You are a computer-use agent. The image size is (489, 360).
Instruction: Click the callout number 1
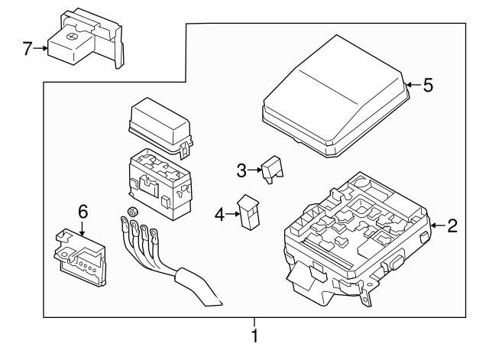(x=254, y=336)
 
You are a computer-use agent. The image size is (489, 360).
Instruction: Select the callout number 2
(x=452, y=225)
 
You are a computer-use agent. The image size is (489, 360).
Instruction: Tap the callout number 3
(x=241, y=170)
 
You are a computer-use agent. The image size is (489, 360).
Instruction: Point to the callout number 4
(x=219, y=215)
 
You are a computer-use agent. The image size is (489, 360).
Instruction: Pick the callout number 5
(x=428, y=85)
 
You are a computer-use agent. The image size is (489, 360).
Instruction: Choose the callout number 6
(x=83, y=212)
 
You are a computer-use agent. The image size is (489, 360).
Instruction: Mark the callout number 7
(x=28, y=49)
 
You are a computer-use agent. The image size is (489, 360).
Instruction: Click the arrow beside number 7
(x=40, y=48)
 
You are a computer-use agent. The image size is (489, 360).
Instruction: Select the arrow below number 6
(x=82, y=228)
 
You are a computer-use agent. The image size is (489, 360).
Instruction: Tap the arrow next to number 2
(x=438, y=225)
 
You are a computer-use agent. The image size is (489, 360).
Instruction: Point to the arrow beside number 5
(x=413, y=85)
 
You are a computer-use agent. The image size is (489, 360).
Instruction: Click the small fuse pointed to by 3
(x=272, y=170)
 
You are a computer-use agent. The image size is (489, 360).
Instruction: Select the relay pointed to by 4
(x=248, y=212)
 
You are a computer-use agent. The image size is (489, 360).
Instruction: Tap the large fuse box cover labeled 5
(x=335, y=97)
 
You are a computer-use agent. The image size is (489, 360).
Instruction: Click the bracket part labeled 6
(x=79, y=257)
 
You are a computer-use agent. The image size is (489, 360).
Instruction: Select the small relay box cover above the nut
(x=160, y=125)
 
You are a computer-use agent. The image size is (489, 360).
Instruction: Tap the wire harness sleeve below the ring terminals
(x=199, y=287)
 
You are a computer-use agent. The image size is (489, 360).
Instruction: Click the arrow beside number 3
(x=254, y=170)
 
